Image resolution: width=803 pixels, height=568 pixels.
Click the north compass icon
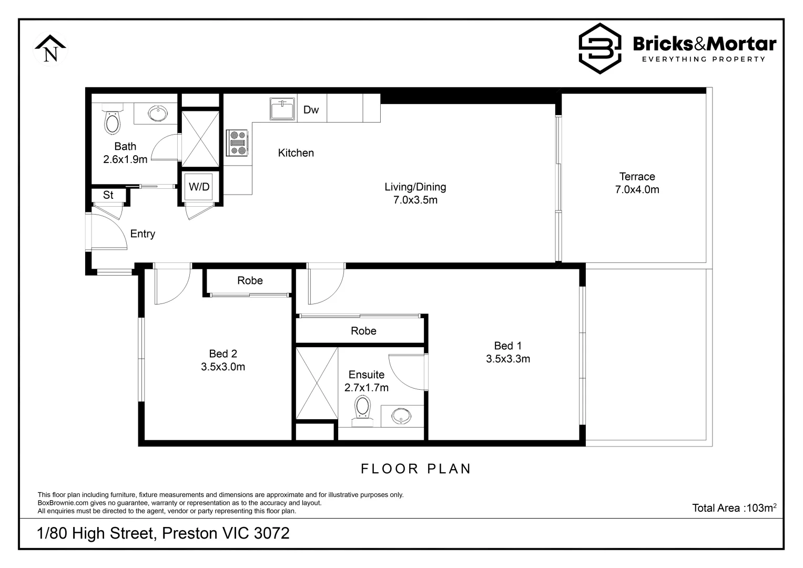[x=50, y=49]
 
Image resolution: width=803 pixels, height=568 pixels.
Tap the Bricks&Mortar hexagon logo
[x=599, y=48]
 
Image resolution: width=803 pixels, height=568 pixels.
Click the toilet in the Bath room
[x=112, y=121]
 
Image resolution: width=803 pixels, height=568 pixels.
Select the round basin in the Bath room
[x=157, y=114]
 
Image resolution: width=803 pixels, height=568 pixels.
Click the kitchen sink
[x=282, y=109]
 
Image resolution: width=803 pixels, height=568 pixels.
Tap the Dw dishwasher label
[x=311, y=110]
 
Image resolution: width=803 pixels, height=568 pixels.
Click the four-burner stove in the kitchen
[x=238, y=143]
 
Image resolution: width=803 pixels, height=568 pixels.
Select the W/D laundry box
[x=199, y=187]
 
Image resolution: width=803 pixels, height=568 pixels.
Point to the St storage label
[x=108, y=195]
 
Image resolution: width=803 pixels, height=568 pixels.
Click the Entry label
[x=143, y=234]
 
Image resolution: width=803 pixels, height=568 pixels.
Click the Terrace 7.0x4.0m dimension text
[x=637, y=190]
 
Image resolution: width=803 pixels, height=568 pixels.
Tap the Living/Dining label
[x=415, y=187]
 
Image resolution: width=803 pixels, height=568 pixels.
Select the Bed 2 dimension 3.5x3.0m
[x=223, y=367]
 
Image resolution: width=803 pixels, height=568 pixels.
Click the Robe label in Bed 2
[x=250, y=281]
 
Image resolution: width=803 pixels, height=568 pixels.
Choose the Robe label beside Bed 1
[x=363, y=331]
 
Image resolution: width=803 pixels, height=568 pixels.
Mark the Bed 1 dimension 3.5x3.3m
[x=507, y=359]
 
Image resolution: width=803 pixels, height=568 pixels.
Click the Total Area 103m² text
[x=734, y=508]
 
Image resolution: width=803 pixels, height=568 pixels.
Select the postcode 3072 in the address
[x=271, y=533]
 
